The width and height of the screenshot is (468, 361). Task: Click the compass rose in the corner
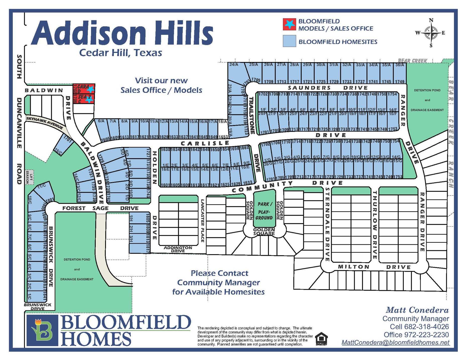tap(431, 33)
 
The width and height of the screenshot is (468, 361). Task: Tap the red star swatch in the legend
tap(289, 24)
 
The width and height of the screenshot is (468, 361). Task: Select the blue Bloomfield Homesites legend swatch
tap(289, 41)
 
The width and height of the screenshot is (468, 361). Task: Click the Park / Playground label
tap(264, 211)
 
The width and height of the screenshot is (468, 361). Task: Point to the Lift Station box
tap(30, 177)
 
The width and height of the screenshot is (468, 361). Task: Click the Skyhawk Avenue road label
tap(45, 123)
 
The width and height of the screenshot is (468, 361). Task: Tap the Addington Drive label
tap(178, 249)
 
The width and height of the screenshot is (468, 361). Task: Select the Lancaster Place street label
tap(203, 221)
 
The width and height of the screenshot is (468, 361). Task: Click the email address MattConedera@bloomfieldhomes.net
tap(395, 342)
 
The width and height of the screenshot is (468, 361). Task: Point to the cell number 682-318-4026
tap(426, 327)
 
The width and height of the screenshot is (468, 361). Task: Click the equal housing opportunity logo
tap(321, 339)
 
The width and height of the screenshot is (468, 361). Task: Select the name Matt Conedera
tap(417, 310)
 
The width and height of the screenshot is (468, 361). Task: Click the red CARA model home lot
tap(84, 88)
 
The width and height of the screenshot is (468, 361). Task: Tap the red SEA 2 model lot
tap(84, 99)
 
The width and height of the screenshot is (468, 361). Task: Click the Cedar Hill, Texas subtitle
tap(121, 53)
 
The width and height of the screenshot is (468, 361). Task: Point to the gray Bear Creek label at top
tap(413, 61)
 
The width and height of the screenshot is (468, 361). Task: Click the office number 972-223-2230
tap(426, 335)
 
